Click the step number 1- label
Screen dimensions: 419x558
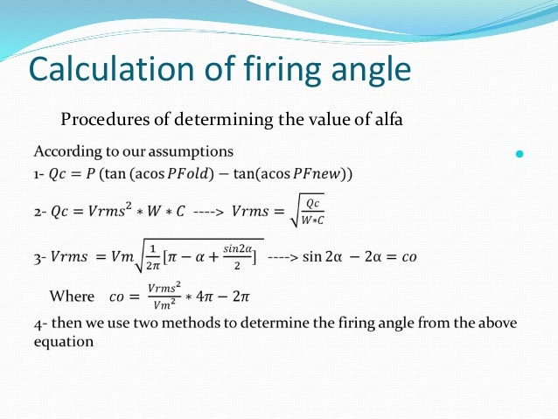coord(39,173)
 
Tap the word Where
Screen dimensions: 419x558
coord(71,297)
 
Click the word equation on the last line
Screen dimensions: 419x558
coord(63,342)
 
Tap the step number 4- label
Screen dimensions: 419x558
coord(39,323)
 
